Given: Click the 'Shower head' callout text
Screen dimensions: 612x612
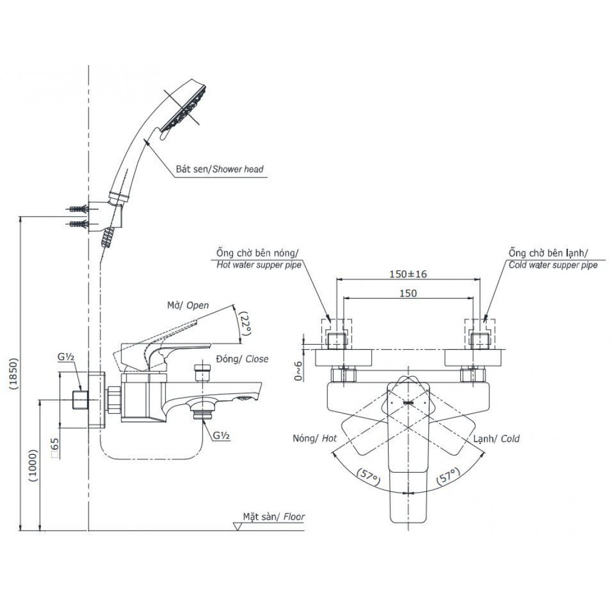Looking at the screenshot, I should pyautogui.click(x=239, y=168).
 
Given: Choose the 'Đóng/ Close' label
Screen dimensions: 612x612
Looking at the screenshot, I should pyautogui.click(x=241, y=359).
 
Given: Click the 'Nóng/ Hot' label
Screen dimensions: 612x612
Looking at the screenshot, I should pyautogui.click(x=314, y=439).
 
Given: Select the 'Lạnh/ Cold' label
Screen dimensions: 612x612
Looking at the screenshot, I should pyautogui.click(x=496, y=439).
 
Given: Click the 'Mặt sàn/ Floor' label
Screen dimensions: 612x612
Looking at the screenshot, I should pyautogui.click(x=273, y=517).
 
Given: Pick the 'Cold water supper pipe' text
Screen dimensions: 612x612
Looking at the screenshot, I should pyautogui.click(x=552, y=265).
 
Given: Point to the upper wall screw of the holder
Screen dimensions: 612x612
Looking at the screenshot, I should pyautogui.click(x=77, y=209).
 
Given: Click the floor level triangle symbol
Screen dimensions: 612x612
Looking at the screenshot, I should pyautogui.click(x=236, y=526).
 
